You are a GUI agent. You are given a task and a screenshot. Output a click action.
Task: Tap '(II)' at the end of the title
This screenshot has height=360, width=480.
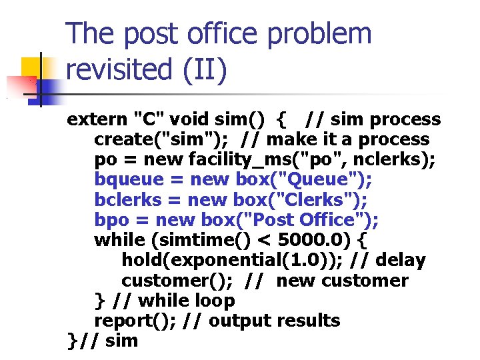(206, 71)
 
